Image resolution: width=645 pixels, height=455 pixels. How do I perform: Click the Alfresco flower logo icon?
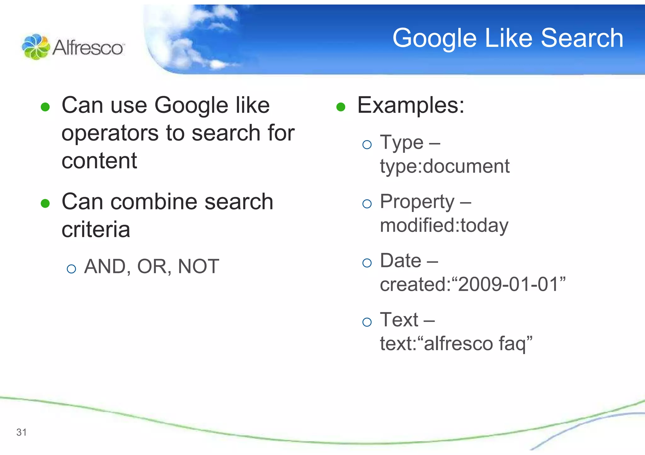36,47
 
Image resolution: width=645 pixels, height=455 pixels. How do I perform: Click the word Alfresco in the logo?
88,48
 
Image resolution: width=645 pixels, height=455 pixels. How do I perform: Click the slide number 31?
21,432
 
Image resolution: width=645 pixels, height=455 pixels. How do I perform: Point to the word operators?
110,134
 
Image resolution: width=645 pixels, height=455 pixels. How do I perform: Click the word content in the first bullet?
99,161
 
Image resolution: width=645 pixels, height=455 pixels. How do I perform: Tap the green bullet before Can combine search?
45,203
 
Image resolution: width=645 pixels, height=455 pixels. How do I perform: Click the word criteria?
96,230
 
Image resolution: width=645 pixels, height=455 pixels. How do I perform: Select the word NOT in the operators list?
198,267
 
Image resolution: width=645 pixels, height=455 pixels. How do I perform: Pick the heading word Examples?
410,105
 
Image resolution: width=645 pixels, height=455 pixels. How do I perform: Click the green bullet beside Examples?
341,107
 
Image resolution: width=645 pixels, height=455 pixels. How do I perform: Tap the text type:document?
444,166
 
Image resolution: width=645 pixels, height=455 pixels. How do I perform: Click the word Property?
417,202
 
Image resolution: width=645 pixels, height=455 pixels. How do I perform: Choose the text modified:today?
444,226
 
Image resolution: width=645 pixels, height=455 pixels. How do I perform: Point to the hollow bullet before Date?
367,263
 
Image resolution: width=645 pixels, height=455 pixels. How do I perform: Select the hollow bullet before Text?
367,322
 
